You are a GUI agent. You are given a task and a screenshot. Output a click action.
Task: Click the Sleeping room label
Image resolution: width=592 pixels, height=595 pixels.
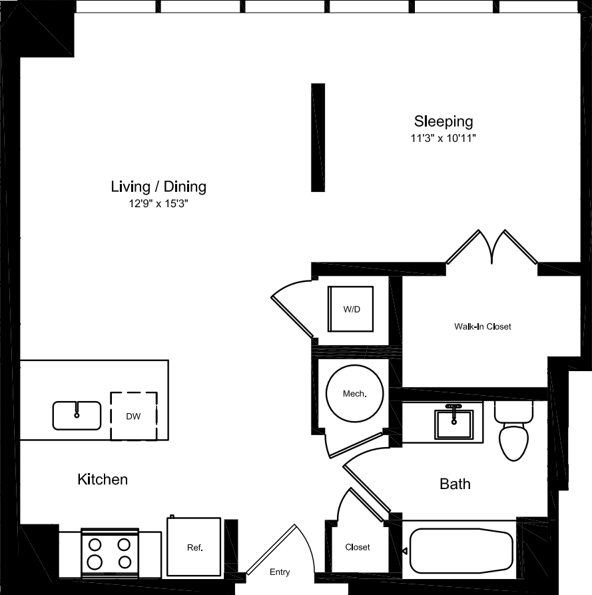coord(444,121)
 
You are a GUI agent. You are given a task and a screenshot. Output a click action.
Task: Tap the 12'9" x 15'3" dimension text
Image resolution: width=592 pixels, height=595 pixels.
coord(158,205)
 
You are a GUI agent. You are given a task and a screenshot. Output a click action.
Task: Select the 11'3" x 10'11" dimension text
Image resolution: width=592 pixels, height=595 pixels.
coord(444,139)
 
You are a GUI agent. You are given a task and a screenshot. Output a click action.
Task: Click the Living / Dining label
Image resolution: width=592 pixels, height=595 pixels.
coord(158,187)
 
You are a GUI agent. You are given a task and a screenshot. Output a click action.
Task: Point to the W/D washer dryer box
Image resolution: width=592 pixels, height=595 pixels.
coord(350,309)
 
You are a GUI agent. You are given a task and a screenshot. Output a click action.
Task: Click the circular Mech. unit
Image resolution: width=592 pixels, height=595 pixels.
coord(354,393)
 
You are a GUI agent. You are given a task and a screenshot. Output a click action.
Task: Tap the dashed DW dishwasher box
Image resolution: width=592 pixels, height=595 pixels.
coord(134,416)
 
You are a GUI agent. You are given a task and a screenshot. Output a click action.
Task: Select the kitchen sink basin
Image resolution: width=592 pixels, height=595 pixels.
coord(77,415)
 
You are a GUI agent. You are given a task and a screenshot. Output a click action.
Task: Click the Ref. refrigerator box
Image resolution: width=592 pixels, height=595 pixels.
coord(194,546)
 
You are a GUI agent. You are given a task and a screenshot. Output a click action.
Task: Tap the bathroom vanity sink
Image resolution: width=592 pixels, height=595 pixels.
coord(453,423)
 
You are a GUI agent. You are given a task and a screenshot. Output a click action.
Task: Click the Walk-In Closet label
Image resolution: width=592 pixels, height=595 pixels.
coord(483,326)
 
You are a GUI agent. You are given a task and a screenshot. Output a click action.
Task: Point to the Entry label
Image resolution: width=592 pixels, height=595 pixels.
coord(280,572)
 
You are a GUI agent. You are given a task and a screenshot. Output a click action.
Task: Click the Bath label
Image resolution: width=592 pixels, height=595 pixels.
coord(455,484)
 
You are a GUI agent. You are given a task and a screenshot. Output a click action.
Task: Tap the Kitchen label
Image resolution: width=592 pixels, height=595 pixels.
coord(103,479)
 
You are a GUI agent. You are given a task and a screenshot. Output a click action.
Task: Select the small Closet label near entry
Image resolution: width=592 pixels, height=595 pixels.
coord(358,547)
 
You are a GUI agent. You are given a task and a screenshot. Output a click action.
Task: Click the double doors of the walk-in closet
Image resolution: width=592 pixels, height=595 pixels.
coord(491,248)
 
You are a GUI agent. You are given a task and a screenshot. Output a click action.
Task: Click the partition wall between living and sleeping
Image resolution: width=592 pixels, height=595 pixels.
coord(318,137)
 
